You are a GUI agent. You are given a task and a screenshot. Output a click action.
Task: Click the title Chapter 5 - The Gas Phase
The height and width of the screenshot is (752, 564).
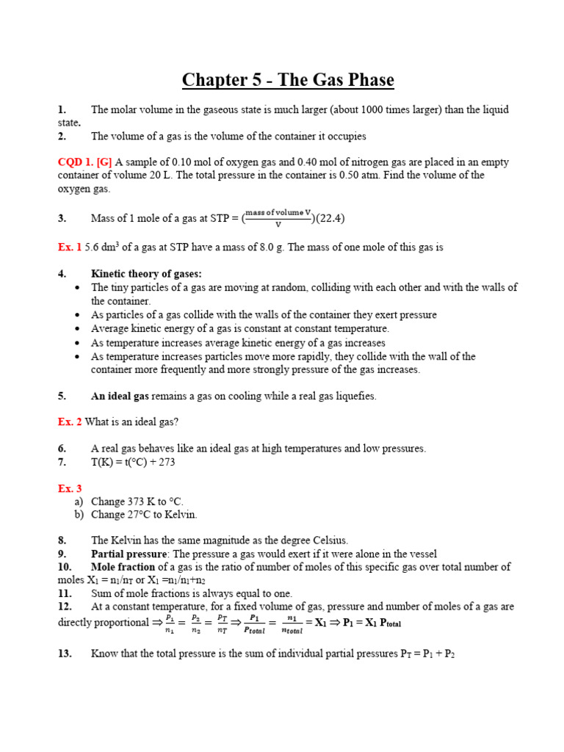(x=288, y=79)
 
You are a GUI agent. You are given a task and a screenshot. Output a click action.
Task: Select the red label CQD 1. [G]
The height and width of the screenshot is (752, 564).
(x=84, y=162)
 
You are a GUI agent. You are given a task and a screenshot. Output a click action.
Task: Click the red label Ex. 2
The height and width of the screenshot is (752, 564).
(x=70, y=422)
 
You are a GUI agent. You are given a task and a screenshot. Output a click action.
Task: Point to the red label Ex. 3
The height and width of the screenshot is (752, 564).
(x=70, y=488)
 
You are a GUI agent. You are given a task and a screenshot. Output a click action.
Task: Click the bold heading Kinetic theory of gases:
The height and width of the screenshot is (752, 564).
(x=146, y=274)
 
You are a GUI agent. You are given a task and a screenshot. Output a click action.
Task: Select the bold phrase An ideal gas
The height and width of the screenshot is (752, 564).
(x=120, y=396)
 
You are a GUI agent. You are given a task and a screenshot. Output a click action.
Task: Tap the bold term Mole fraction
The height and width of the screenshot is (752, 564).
(x=123, y=567)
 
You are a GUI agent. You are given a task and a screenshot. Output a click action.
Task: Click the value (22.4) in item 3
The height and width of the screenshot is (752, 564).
(x=330, y=218)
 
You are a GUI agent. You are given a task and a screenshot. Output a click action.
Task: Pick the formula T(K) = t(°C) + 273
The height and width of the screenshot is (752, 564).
(x=133, y=462)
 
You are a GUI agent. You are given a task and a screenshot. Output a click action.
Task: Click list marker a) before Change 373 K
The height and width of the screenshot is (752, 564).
(x=79, y=502)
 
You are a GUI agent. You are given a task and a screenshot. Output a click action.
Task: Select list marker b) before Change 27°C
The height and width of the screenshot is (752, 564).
(x=79, y=515)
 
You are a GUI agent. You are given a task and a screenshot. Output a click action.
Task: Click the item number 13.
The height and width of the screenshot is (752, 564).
(x=65, y=654)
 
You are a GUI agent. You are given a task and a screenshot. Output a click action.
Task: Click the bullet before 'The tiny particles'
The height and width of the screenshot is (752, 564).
(x=78, y=288)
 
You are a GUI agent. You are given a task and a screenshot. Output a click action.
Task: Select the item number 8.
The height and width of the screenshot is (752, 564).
(x=62, y=540)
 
